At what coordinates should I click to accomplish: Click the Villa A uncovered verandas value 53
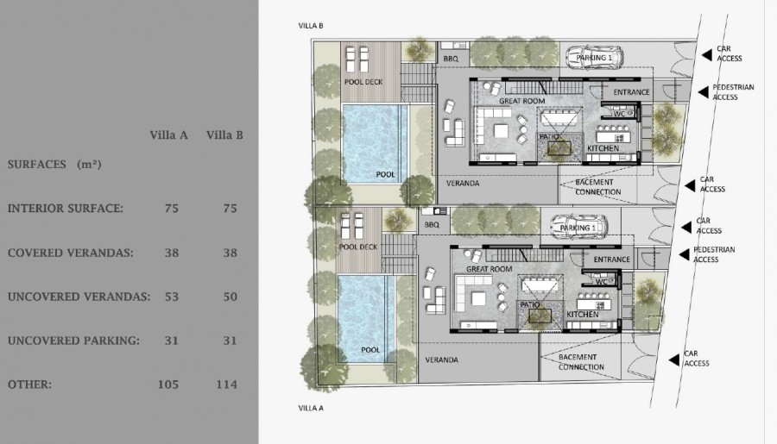(x=172, y=297)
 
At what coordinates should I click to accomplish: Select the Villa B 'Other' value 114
(x=226, y=385)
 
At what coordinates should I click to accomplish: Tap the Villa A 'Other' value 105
(x=168, y=385)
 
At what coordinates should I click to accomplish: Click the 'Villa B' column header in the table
(x=224, y=135)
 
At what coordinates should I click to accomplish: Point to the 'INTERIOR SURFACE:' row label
(x=66, y=209)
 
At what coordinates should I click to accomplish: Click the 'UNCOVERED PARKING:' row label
(x=73, y=341)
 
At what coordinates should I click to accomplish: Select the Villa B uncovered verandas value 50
(x=230, y=297)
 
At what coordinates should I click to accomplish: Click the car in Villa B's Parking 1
(x=595, y=56)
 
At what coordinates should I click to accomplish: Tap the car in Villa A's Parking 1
(x=578, y=226)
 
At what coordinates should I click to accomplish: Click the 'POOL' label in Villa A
(x=370, y=350)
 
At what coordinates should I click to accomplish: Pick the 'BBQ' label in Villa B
(x=451, y=59)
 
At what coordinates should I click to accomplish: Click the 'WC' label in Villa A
(x=601, y=282)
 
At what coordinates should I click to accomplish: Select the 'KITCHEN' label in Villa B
(x=603, y=148)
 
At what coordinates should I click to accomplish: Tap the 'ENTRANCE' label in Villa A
(x=612, y=260)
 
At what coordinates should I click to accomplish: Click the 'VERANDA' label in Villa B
(x=463, y=183)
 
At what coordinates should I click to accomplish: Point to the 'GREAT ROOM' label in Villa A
(x=490, y=269)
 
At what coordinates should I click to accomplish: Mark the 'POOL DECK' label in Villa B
(x=363, y=82)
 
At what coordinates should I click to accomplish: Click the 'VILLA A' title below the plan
(x=311, y=408)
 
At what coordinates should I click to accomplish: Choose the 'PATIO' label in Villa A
(x=530, y=305)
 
